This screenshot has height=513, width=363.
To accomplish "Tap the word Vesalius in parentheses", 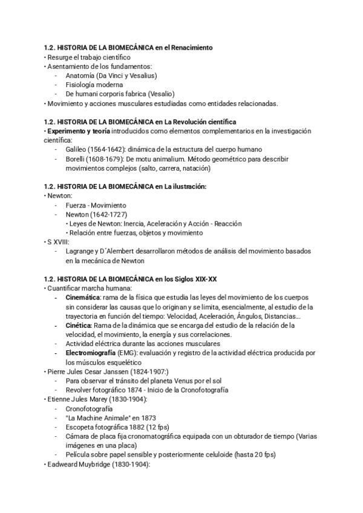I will (142, 76).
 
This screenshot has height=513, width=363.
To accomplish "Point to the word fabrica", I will (139, 94).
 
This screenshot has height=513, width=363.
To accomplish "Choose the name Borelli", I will (79, 158).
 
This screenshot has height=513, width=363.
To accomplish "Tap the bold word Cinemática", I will (83, 299).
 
